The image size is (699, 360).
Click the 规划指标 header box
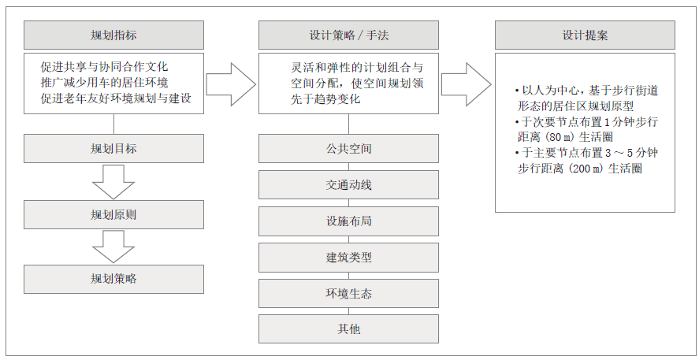point(113,35)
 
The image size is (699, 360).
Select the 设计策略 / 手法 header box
point(348,35)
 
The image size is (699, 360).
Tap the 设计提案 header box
point(585,35)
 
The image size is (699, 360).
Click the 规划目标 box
point(113,148)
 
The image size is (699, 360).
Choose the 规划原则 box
point(113,214)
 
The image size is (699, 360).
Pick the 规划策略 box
point(113,279)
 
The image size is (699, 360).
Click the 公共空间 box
point(348,148)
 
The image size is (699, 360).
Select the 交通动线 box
point(348,184)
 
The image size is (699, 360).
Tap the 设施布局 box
point(348,221)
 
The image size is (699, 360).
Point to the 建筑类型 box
point(348,258)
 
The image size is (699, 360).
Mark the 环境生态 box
point(348,294)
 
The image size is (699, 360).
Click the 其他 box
point(348,328)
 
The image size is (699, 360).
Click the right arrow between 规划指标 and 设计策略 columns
point(231,84)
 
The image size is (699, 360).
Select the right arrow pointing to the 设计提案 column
point(467,84)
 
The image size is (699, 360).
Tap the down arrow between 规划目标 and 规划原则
point(113,182)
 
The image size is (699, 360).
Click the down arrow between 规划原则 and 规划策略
point(113,247)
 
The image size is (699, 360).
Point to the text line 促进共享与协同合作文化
point(105,67)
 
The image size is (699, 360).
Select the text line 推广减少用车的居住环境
point(105,83)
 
